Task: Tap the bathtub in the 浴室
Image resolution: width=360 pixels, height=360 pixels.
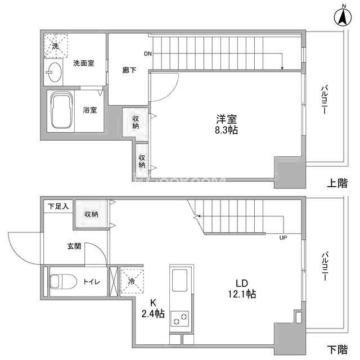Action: [61, 110]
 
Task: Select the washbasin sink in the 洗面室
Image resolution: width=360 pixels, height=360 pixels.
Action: [54, 72]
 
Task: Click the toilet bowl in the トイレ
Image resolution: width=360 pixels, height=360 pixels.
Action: [63, 281]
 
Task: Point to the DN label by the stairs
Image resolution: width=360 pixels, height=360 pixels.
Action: [148, 54]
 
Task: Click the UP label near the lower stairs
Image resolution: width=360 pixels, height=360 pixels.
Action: [283, 238]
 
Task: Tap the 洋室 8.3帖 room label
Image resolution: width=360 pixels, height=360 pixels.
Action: [226, 125]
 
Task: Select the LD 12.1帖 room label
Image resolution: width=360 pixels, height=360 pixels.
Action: [242, 289]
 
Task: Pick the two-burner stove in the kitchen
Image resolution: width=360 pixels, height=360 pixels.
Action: [180, 319]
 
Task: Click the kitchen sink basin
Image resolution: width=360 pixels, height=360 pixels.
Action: [179, 280]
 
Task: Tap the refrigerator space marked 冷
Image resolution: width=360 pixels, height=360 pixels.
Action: [132, 281]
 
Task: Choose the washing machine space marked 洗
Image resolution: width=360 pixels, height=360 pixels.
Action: [56, 46]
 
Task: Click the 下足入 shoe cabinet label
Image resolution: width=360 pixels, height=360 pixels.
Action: [58, 206]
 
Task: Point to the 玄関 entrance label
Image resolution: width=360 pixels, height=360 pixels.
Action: [74, 246]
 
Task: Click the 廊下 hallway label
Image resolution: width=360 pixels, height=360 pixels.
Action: [129, 70]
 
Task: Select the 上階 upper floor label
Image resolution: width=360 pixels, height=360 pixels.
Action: [337, 183]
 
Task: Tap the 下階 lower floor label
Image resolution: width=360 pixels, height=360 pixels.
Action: [337, 349]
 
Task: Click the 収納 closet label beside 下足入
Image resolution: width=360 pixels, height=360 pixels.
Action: [91, 214]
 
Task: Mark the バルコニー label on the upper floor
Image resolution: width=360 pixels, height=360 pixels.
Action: [324, 100]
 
